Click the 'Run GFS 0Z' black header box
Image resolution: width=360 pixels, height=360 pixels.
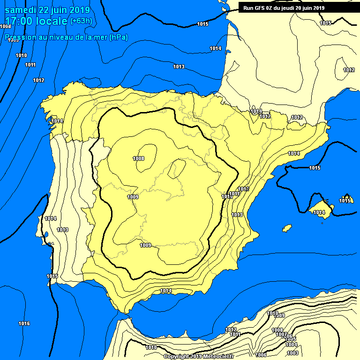point(284,7)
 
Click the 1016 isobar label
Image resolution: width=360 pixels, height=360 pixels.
point(24,323)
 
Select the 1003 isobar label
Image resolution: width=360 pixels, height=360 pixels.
point(292,353)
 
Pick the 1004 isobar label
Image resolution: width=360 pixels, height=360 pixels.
point(291,345)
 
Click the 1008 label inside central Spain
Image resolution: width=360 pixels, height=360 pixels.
point(138,158)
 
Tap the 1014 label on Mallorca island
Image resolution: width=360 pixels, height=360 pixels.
point(319,212)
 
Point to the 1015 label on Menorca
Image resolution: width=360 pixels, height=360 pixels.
point(345,201)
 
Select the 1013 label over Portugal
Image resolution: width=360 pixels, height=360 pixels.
point(62,230)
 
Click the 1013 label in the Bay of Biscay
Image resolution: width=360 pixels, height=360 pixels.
point(179,67)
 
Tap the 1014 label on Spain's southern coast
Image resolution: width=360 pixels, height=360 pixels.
point(165,291)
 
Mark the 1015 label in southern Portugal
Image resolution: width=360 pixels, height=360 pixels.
point(52,276)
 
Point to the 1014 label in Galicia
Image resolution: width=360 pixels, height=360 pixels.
point(57,121)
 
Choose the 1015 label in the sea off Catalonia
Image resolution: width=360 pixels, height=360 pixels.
point(315,168)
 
